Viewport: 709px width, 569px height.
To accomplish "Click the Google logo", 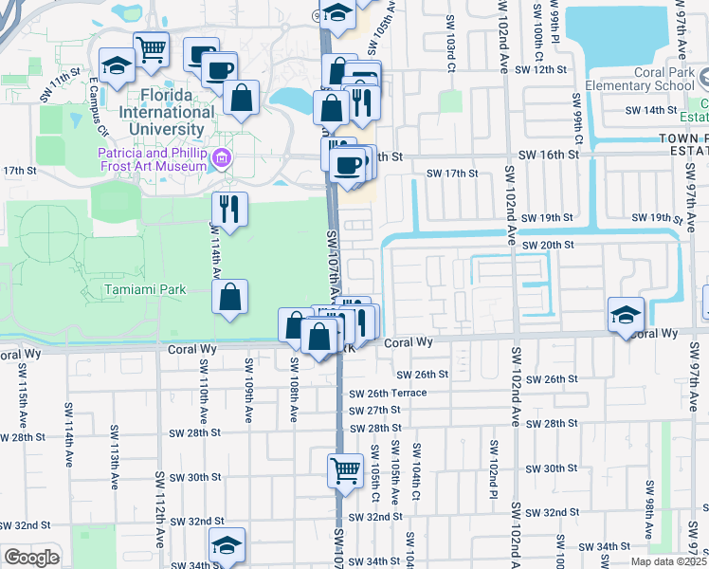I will (x=31, y=558).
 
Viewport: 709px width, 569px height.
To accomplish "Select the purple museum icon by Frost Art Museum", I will (x=223, y=157).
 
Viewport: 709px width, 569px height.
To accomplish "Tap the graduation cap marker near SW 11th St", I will (x=116, y=65).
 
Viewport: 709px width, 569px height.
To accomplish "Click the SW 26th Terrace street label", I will (x=388, y=393).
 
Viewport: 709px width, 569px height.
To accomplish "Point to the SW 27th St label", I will (x=374, y=411).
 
